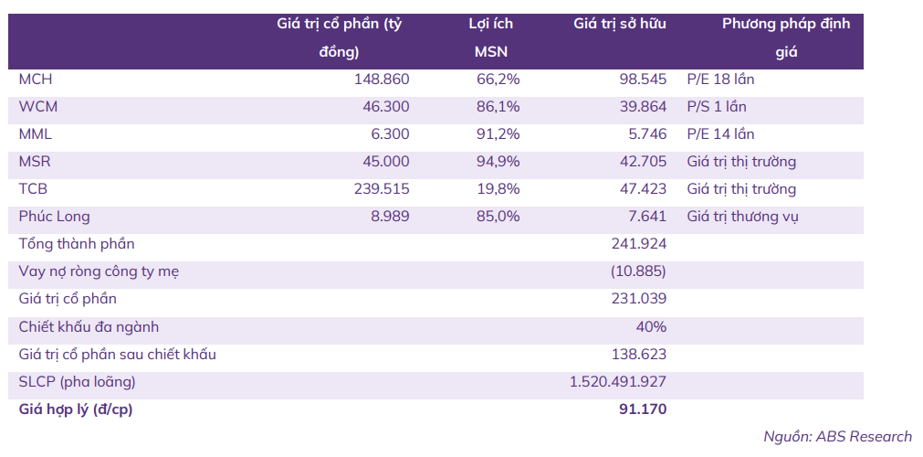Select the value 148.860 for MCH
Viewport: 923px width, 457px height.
tap(382, 80)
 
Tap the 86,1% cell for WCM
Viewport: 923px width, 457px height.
tap(498, 107)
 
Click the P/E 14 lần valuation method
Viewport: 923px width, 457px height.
tap(720, 134)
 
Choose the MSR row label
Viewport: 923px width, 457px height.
tap(35, 162)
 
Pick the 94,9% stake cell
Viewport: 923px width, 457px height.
tap(498, 162)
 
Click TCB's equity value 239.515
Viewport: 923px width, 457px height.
tap(382, 189)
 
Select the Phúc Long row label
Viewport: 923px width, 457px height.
tap(54, 217)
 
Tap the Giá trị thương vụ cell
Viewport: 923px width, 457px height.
tap(743, 217)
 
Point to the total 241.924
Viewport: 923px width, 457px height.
tap(639, 244)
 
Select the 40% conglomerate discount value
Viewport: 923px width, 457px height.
tap(653, 326)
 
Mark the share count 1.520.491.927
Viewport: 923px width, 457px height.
tap(618, 381)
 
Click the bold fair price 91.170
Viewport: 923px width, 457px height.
tap(643, 409)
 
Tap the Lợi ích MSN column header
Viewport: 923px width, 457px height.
tap(491, 37)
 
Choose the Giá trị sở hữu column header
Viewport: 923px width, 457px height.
tap(620, 24)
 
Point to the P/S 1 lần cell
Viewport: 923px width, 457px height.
tap(717, 107)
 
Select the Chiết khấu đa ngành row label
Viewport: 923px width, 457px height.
tap(89, 326)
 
